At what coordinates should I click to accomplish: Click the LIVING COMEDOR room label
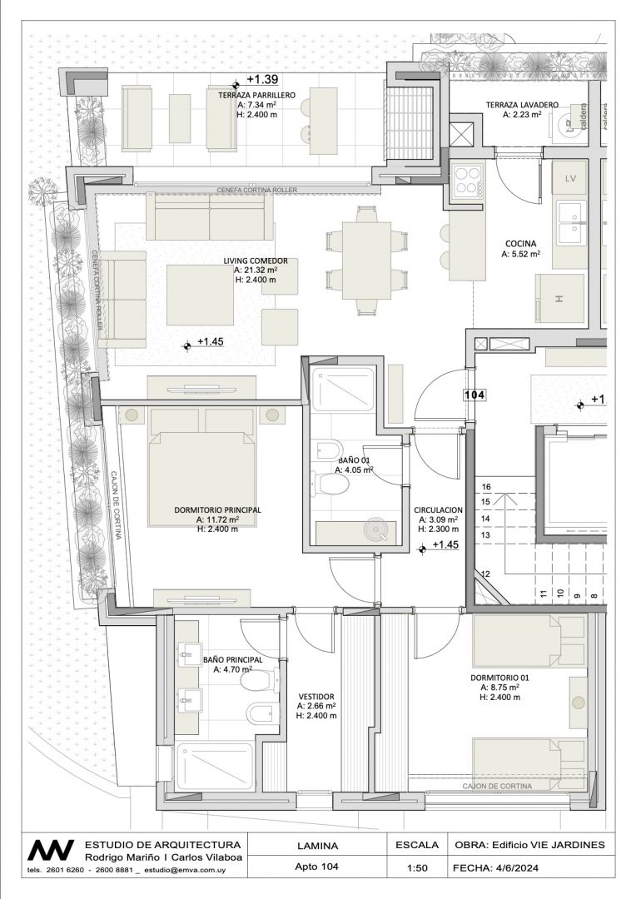coord(256,261)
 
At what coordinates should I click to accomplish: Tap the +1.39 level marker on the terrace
coord(262,80)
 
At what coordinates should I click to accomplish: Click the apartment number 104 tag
coord(475,395)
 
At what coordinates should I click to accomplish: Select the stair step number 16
coord(486,487)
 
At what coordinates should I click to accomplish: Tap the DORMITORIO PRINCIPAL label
coord(217,509)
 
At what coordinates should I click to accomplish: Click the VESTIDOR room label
coord(316,698)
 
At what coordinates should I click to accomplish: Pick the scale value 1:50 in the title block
coord(417,868)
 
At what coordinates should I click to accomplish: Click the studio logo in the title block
coord(51,850)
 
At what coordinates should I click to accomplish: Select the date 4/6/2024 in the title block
coord(515,868)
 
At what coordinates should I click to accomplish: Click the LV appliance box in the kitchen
coord(570,178)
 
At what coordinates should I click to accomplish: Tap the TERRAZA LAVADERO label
coord(522,105)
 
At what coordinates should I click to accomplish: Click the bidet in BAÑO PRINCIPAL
coord(261,713)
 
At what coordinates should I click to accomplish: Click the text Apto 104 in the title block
coord(316,867)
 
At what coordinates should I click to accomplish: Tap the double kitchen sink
coord(570,223)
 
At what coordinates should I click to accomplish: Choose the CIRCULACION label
coord(438,509)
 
